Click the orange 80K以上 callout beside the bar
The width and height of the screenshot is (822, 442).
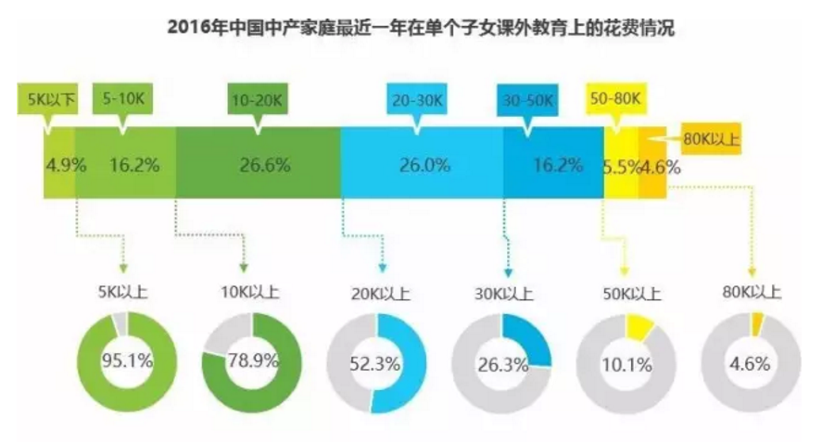pos(710,140)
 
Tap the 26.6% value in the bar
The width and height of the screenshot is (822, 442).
pos(264,167)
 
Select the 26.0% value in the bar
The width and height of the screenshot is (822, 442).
pos(424,167)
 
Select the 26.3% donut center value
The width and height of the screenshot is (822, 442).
pos(501,363)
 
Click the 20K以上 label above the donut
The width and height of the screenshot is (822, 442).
pos(374,295)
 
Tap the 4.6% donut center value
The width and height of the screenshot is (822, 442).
pos(750,363)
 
